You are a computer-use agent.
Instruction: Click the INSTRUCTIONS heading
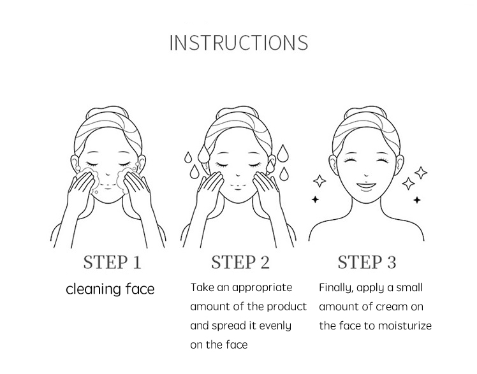click(238, 43)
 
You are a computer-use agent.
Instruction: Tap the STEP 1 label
click(112, 263)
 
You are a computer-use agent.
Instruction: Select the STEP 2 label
click(240, 263)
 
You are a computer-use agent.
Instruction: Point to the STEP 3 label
click(367, 263)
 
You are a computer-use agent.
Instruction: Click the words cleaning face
click(110, 289)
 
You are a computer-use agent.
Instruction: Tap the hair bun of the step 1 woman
click(107, 113)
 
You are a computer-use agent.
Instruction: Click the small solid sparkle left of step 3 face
click(315, 199)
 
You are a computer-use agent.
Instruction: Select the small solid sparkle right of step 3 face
click(417, 199)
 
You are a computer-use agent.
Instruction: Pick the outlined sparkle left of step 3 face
click(319, 181)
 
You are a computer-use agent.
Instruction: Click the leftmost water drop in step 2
click(187, 157)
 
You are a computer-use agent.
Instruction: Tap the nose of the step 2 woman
click(238, 175)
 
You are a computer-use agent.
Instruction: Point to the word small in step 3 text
click(410, 287)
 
